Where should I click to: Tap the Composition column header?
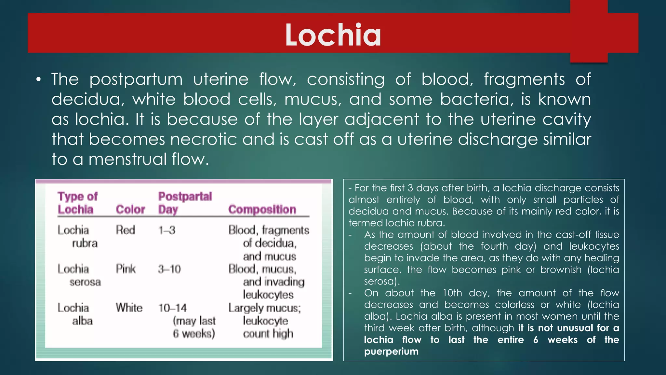point(262,209)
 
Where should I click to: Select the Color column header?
point(130,209)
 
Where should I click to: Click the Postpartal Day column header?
point(185,203)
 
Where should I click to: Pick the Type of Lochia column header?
point(77,203)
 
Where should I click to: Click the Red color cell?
point(126,230)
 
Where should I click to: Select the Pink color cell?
point(126,269)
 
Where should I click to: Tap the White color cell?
point(129,308)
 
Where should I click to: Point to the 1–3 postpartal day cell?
point(167,230)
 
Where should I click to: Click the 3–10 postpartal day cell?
point(169,269)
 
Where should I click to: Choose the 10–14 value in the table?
point(172,308)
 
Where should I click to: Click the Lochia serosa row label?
point(79,275)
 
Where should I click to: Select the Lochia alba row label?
point(75,314)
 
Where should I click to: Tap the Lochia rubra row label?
point(77,237)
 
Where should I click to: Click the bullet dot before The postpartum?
point(39,79)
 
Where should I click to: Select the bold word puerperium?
point(391,352)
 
